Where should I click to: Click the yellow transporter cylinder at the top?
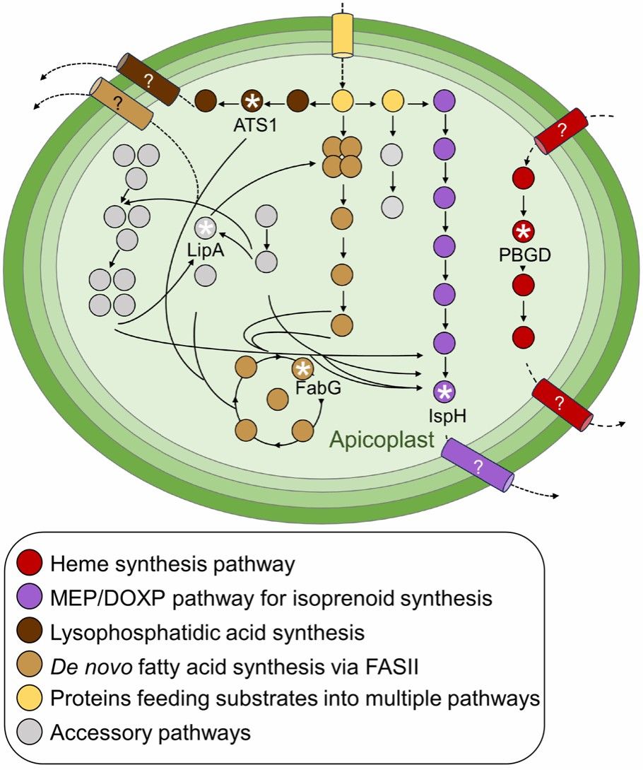pos(343,35)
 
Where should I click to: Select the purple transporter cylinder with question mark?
pos(478,465)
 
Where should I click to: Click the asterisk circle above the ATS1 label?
pos(252,102)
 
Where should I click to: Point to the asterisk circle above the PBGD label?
pos(524,231)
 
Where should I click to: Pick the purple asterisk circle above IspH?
pos(445,392)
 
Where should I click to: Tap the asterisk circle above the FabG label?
pos(303,368)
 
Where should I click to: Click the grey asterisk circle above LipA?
pos(206,228)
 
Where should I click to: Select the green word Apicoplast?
pos(382,439)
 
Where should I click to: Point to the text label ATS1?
pos(255,125)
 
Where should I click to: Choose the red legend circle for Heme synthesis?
pos(29,564)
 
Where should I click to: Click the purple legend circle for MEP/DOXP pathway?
pos(29,597)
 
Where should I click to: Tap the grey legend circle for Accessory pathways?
pos(29,733)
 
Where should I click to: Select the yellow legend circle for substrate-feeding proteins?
pos(29,699)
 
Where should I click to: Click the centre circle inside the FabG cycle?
pos(277,398)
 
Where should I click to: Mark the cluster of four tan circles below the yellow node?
pos(342,157)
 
